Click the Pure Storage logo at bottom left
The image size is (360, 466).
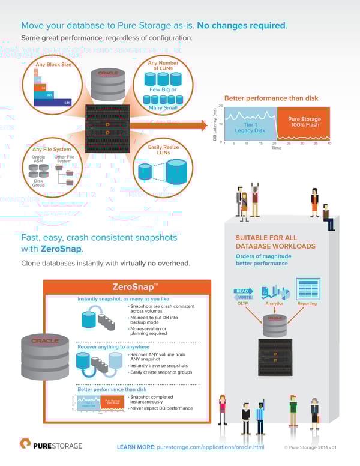tap(50, 445)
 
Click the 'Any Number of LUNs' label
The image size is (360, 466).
tap(163, 65)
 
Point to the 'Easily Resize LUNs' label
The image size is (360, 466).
tap(163, 150)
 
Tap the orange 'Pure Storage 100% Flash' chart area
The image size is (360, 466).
tap(304, 122)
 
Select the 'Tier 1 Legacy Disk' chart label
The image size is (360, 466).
tap(250, 127)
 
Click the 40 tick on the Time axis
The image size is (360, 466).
tap(329, 144)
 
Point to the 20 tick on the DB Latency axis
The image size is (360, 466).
tap(221, 107)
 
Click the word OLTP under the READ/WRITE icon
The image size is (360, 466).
tap(243, 303)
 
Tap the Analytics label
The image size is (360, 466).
tap(274, 303)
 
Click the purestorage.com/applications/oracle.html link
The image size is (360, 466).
tap(209, 447)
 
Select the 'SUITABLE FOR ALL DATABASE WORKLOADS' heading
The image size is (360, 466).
tap(275, 242)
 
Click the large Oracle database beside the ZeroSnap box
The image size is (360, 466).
tap(45, 357)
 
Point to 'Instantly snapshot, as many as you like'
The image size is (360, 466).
tap(123, 298)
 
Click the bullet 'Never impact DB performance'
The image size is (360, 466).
tap(162, 408)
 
